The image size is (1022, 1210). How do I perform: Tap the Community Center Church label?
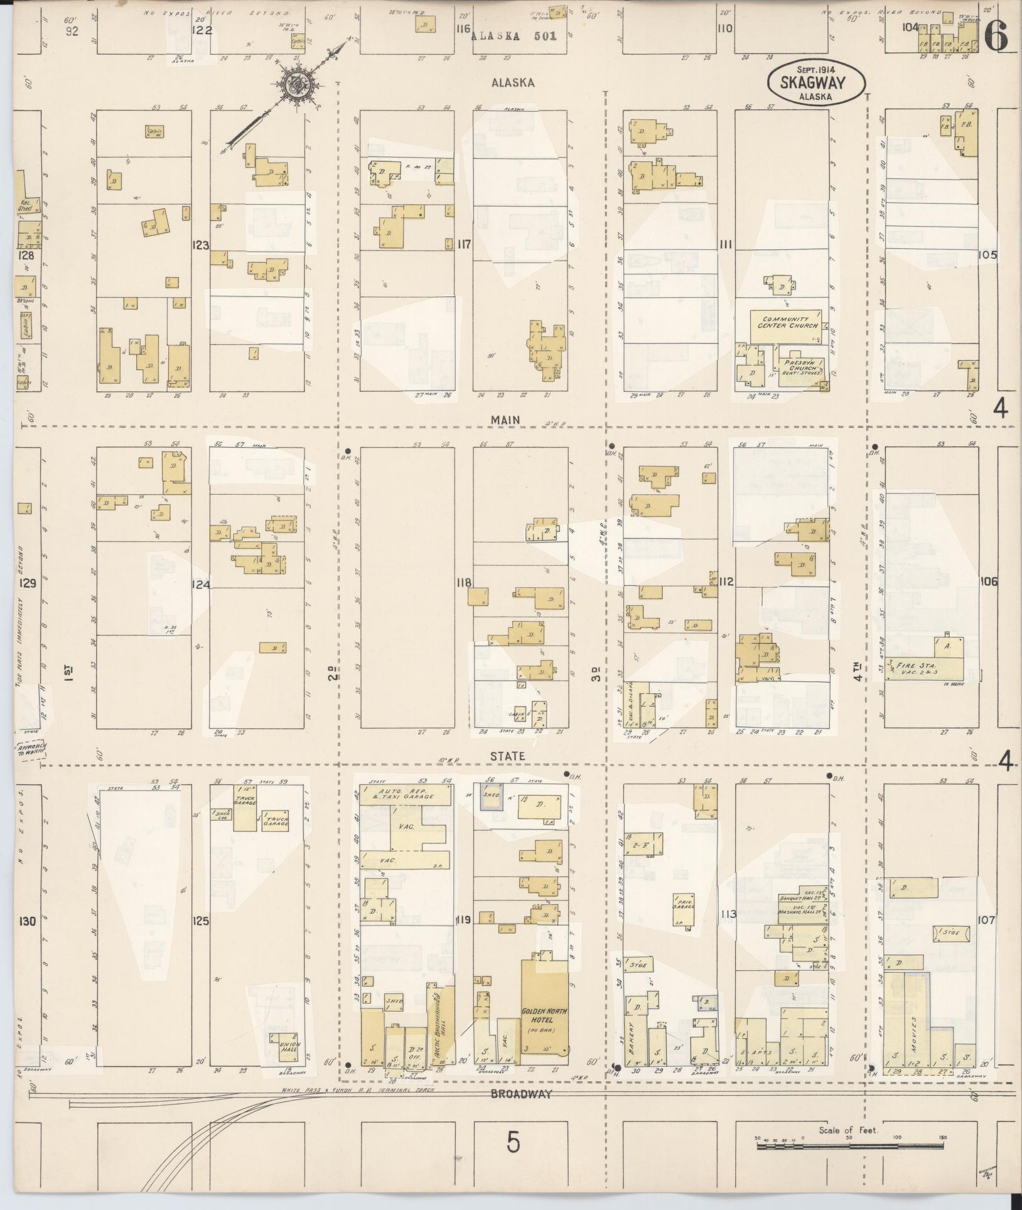coord(788,322)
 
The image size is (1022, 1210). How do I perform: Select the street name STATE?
coord(508,757)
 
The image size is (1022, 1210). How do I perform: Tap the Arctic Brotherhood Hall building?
coord(440,1030)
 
